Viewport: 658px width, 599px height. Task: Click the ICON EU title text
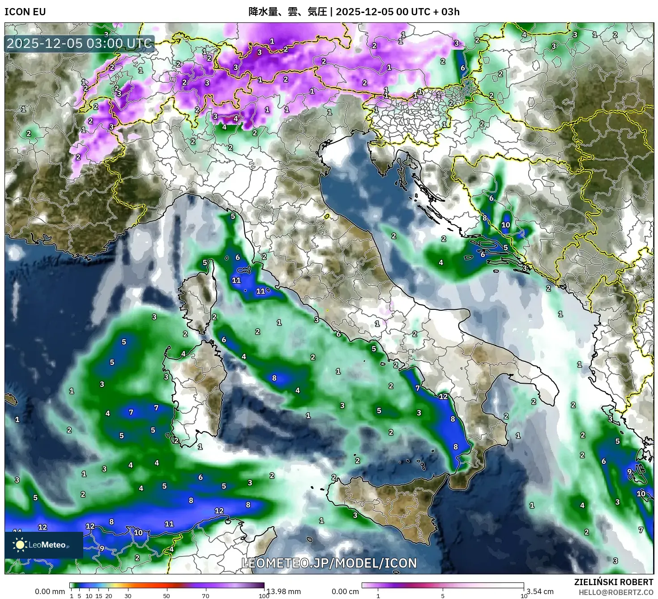(25, 12)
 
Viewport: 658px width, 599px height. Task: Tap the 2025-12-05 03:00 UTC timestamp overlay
(80, 43)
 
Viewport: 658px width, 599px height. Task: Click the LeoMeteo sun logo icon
(20, 545)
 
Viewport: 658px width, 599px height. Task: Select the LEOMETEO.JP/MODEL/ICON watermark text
(329, 563)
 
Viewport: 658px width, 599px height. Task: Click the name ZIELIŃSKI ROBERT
(613, 582)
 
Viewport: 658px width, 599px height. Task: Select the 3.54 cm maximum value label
(540, 591)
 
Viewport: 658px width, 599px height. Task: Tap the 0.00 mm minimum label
(50, 591)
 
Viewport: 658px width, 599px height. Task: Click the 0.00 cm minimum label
(345, 591)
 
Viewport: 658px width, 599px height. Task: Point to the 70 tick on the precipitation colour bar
(205, 595)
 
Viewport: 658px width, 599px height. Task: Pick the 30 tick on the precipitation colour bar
(128, 595)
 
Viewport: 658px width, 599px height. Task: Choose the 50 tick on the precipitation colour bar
(167, 595)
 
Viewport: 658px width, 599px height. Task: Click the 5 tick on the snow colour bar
(443, 595)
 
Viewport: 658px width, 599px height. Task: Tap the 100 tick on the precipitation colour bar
(264, 595)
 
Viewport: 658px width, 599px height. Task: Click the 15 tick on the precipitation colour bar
(99, 595)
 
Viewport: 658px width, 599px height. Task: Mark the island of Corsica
(197, 300)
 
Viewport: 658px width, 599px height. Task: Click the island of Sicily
(389, 506)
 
